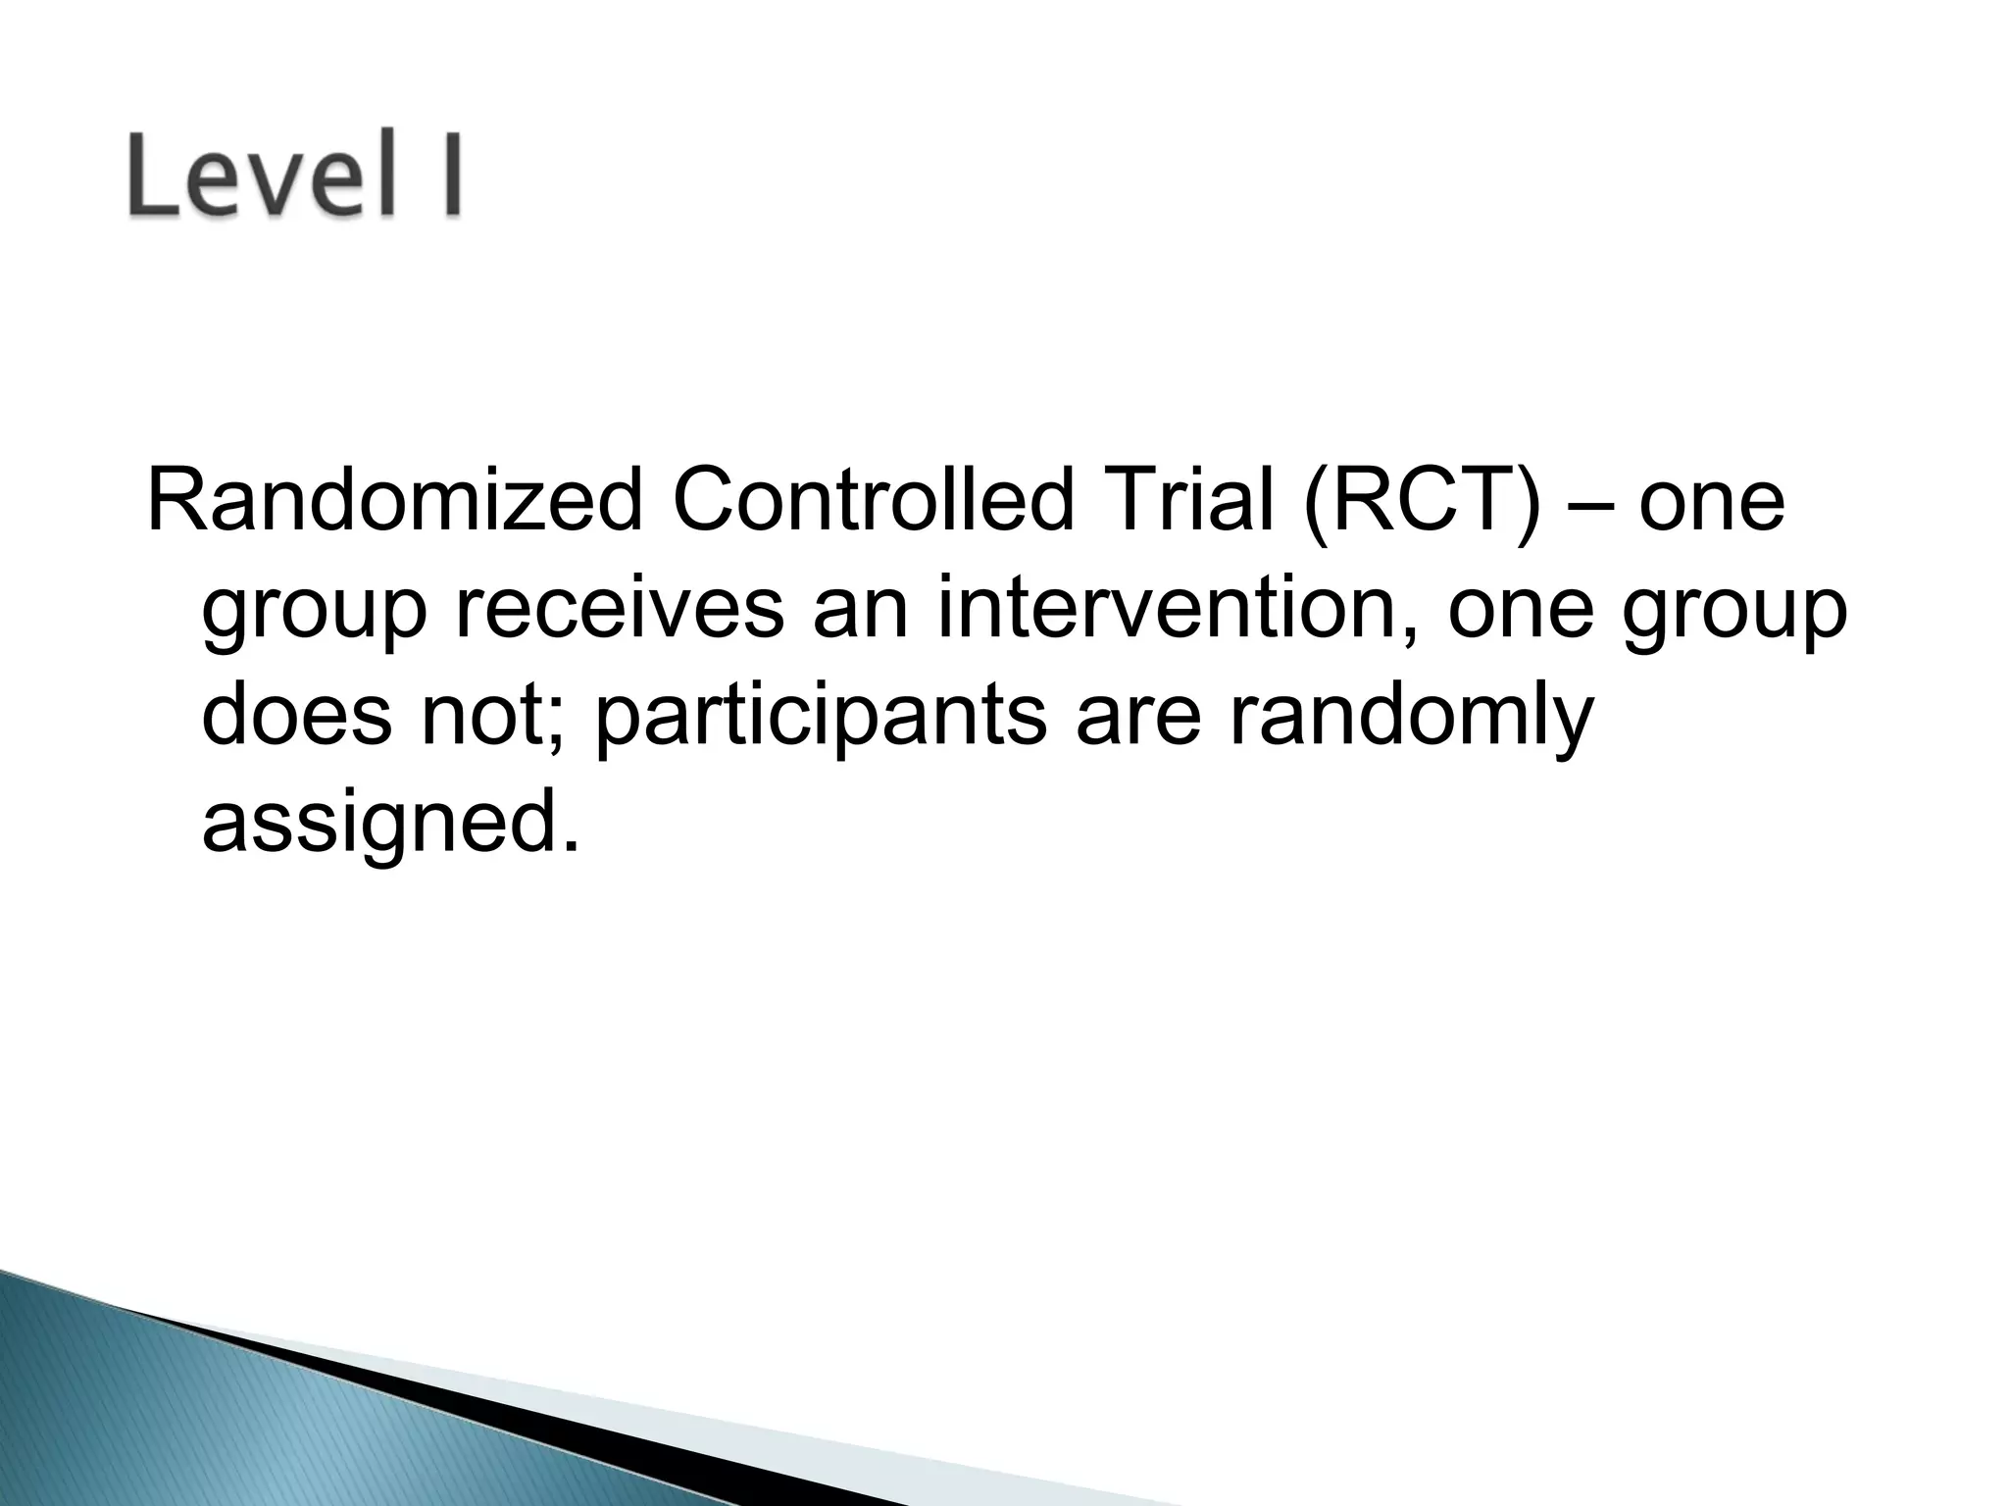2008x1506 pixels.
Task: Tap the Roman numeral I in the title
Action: [449, 174]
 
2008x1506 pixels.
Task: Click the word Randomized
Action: [393, 501]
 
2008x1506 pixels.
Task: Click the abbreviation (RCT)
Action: [1420, 501]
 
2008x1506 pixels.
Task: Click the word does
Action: [296, 715]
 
